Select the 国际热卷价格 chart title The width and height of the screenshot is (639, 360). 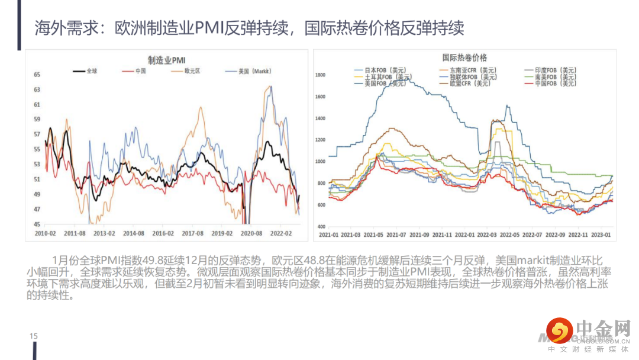point(464,57)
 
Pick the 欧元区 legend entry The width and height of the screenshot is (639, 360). point(192,71)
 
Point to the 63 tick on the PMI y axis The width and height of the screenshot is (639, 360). point(37,90)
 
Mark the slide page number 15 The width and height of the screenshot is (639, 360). point(34,336)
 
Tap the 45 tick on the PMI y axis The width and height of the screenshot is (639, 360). point(37,224)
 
